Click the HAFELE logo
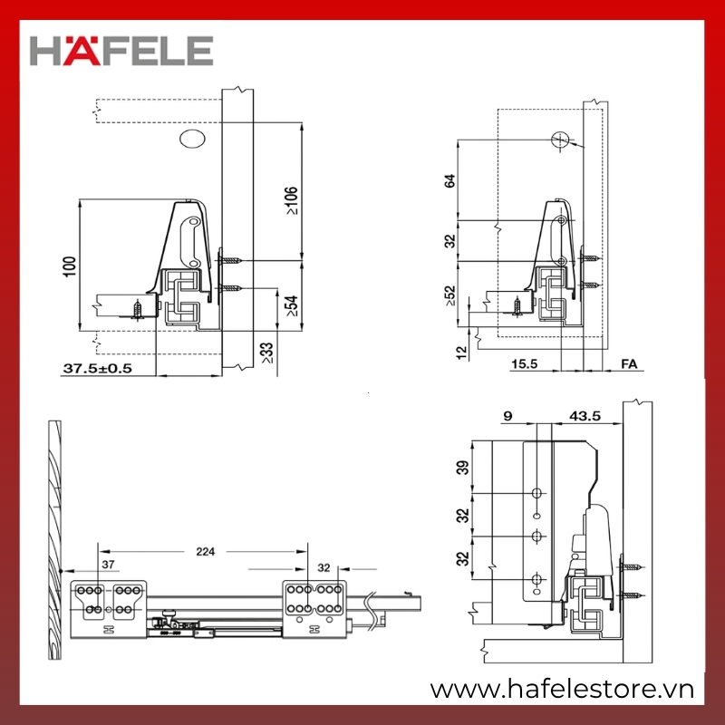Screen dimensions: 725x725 [x=121, y=51]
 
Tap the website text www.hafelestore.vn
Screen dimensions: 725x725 [x=562, y=690]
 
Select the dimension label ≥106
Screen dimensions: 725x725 [x=291, y=200]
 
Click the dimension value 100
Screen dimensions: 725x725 [x=70, y=266]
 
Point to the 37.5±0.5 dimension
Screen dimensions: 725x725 [x=98, y=368]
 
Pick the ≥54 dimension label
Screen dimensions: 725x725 [x=291, y=305]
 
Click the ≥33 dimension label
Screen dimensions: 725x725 [x=267, y=353]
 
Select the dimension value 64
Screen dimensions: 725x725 [x=449, y=180]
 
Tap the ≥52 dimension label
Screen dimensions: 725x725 [x=449, y=296]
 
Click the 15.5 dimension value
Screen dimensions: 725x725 [x=525, y=364]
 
